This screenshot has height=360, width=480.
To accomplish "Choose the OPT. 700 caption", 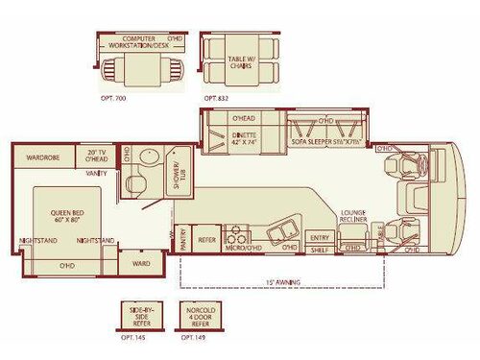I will tap(112, 98).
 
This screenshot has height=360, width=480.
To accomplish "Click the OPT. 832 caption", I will tap(217, 98).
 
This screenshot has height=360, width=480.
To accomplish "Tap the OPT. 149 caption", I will tap(194, 337).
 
